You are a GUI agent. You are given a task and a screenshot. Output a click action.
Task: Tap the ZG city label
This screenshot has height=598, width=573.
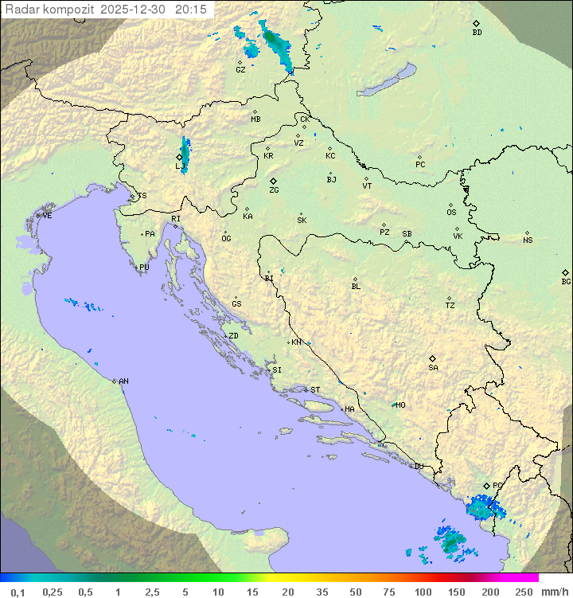(274, 190)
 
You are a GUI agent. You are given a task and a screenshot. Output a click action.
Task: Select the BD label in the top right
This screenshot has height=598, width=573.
(477, 33)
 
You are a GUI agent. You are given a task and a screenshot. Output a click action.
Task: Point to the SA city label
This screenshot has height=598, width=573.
(433, 367)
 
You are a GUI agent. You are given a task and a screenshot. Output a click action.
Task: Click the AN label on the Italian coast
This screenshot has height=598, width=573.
(123, 381)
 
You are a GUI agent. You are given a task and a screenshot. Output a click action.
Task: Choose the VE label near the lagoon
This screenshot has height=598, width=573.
(47, 216)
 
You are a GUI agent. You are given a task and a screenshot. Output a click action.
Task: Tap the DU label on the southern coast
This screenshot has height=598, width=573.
(418, 467)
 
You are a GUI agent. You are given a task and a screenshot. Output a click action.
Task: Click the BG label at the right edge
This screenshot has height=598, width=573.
(566, 281)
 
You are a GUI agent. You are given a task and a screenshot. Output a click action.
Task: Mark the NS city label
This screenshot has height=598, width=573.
(528, 240)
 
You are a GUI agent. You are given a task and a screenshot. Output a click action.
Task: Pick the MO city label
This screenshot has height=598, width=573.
(400, 405)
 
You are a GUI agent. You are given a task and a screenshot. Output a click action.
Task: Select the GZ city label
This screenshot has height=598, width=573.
(240, 69)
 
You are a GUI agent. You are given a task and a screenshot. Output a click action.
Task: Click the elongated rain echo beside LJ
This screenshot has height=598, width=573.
(185, 154)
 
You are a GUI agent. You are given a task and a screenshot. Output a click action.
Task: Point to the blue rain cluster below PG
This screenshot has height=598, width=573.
(482, 506)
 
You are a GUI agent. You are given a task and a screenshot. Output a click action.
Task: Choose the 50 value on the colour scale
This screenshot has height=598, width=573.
(355, 592)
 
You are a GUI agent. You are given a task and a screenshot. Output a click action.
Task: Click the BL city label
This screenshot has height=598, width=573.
(356, 287)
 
